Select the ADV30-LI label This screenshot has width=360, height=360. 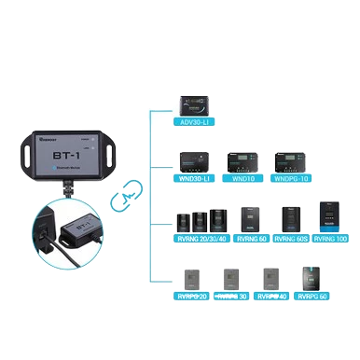click(196, 121)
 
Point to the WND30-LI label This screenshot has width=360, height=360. click(196, 178)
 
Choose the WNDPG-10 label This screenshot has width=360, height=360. click(291, 178)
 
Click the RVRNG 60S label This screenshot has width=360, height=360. click(293, 239)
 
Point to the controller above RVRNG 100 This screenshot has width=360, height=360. click(333, 217)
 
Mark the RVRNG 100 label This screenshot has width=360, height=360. click(333, 239)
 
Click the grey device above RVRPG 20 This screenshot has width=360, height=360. click(193, 279)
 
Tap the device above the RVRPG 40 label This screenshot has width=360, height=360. click(272, 279)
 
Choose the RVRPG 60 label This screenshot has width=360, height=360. click(312, 297)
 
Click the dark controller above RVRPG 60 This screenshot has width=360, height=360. click(311, 277)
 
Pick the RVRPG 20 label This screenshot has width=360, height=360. click(193, 297)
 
